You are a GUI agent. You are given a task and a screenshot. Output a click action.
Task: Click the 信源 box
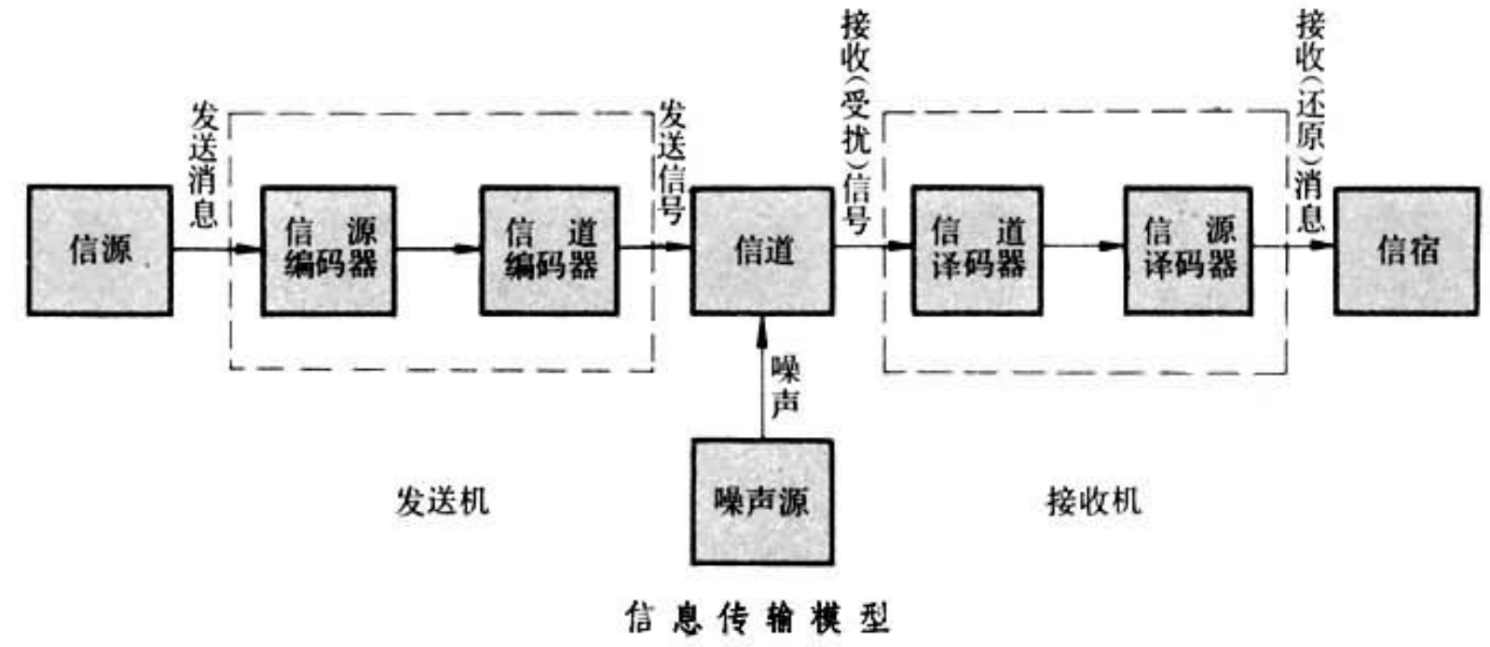100,250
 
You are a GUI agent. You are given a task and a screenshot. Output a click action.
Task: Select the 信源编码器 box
328,250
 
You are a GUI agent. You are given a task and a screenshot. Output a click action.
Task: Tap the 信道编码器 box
550,250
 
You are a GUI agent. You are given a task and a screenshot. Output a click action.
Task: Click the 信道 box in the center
762,250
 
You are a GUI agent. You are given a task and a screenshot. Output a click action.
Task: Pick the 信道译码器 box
977,250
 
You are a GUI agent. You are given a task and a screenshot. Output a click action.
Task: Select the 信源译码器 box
1188,250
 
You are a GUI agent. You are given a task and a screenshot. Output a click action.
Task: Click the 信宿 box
1406,250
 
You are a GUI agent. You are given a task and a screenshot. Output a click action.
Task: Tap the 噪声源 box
762,502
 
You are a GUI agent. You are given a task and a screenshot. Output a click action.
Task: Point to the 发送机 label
442,502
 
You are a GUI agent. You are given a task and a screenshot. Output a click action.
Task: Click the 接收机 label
1093,502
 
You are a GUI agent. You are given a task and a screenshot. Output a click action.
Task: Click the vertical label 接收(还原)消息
1310,121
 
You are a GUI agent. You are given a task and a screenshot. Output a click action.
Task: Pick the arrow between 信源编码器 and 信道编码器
438,249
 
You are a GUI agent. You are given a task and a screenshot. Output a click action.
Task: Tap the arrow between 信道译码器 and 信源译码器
1083,247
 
